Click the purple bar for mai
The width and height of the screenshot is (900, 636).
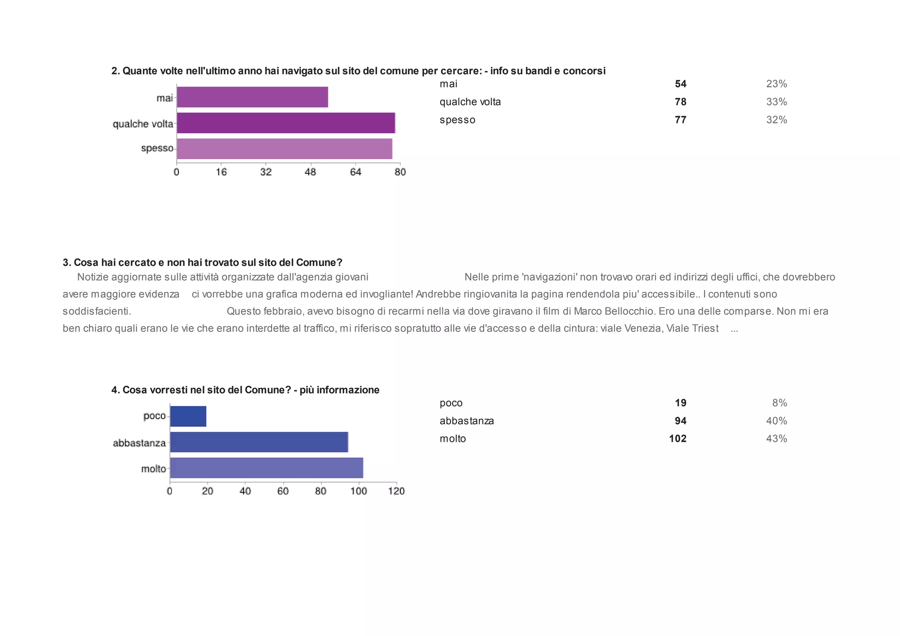pos(252,97)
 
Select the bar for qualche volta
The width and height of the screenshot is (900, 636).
pos(286,123)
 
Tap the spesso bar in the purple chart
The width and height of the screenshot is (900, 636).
pos(284,149)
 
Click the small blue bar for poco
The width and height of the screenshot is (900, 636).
pos(188,416)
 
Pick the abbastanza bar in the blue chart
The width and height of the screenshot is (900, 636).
pos(259,442)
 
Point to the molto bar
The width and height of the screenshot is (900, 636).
pos(266,468)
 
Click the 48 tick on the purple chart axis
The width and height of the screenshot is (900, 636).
pos(310,172)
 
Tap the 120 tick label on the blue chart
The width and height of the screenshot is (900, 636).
pos(396,491)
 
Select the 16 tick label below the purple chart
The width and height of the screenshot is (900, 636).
pos(221,172)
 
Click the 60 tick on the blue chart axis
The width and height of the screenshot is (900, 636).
pos(283,491)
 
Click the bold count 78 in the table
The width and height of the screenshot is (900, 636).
pos(680,102)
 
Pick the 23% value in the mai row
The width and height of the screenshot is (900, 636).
pos(777,84)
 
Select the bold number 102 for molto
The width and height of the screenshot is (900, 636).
pos(678,439)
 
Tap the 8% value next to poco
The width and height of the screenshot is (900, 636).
pos(780,403)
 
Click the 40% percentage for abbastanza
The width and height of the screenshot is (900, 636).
pos(777,421)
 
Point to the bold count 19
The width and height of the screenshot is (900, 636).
pos(680,403)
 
